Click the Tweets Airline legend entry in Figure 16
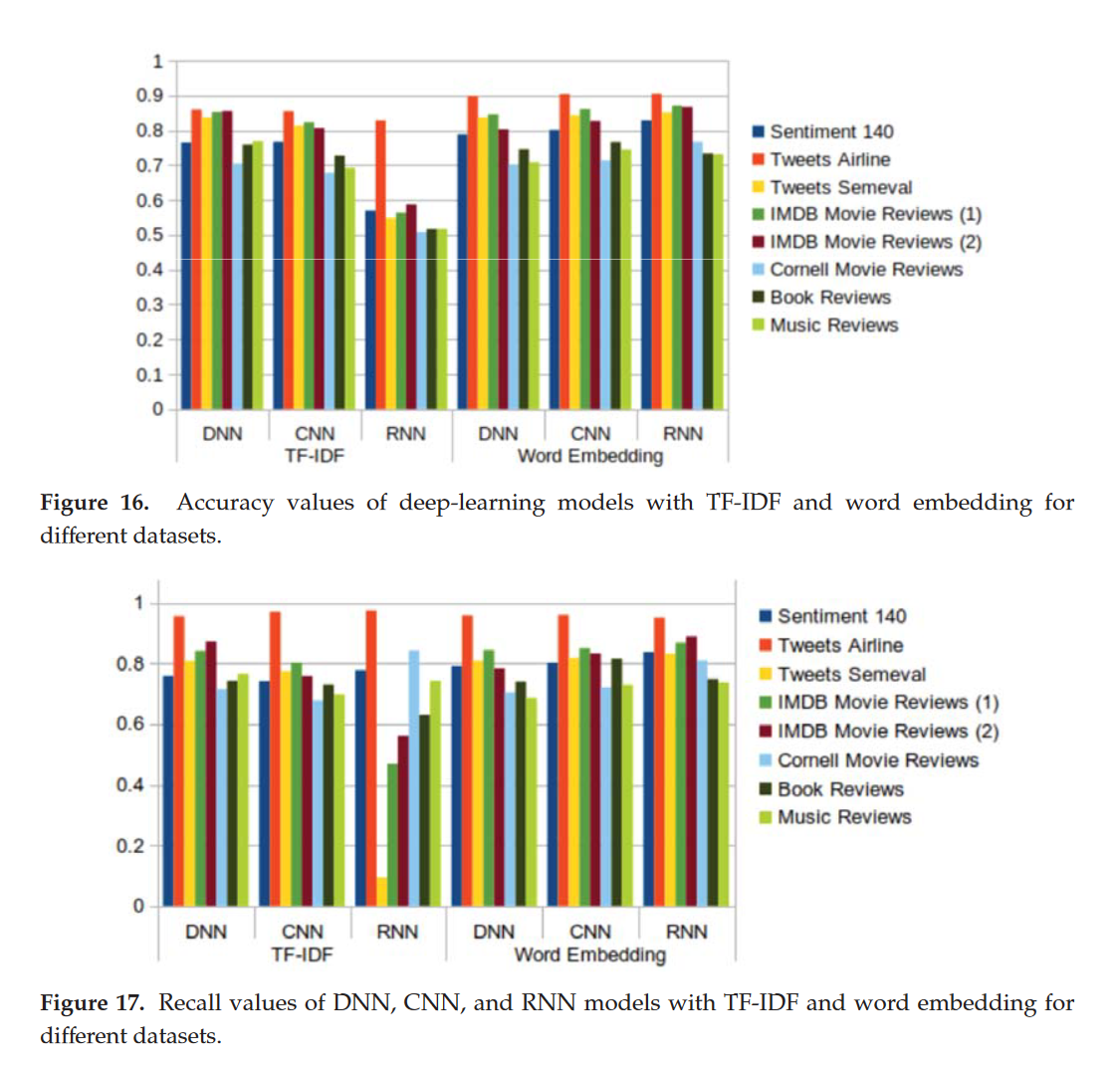coord(830,159)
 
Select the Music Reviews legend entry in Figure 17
coord(844,817)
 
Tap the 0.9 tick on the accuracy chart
coord(151,96)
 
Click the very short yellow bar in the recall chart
coord(382,891)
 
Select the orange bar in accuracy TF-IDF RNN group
coord(380,264)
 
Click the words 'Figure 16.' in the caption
coord(95,503)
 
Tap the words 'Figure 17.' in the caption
coord(92,1002)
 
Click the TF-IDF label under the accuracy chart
coord(315,456)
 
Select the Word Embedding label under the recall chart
coord(589,955)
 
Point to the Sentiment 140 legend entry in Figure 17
coord(841,616)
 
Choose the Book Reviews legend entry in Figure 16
coord(830,297)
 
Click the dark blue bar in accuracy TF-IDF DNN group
coord(186,276)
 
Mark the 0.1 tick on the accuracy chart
coord(151,374)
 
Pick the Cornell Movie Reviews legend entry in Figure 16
coord(866,269)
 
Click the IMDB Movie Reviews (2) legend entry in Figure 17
coord(888,732)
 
